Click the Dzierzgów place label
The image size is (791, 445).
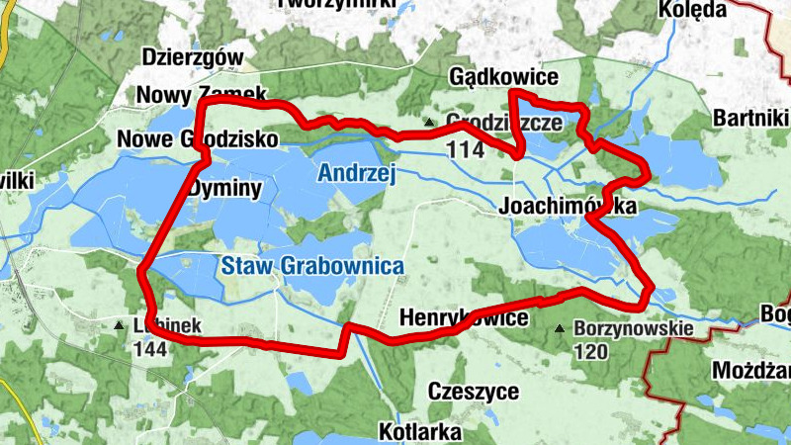(193, 57)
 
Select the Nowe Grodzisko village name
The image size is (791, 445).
(197, 138)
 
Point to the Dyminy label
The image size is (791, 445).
(225, 187)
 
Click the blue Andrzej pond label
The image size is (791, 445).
(356, 175)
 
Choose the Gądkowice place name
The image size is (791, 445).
(503, 77)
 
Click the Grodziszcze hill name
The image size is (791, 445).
(504, 124)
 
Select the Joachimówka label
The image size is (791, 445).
(568, 206)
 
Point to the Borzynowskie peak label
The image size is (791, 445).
(633, 329)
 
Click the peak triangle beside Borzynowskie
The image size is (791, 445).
(561, 328)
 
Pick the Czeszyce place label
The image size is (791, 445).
(473, 392)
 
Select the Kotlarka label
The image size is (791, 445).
(420, 432)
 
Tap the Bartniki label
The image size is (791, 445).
(750, 120)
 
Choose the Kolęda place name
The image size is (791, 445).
(691, 10)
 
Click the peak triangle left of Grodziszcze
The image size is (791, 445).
(429, 123)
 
